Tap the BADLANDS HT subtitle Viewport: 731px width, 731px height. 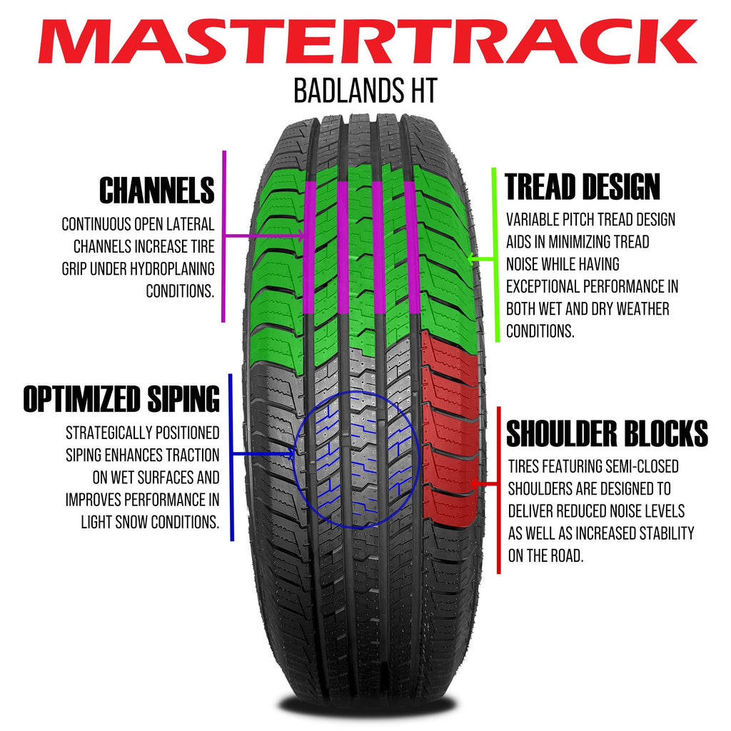click(365, 91)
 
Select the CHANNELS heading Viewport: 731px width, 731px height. click(156, 191)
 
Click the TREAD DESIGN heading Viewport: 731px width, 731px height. click(583, 187)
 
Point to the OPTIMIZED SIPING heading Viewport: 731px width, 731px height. click(121, 399)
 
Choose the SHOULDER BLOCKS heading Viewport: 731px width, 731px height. click(607, 433)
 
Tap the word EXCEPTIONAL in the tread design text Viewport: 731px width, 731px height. click(544, 287)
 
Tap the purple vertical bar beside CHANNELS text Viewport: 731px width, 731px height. click(224, 236)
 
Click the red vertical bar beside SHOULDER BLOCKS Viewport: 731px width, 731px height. click(498, 488)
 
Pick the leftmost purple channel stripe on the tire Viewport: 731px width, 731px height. click(309, 246)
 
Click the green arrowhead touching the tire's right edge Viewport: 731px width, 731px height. click(471, 258)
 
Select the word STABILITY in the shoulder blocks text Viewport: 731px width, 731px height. click(667, 533)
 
